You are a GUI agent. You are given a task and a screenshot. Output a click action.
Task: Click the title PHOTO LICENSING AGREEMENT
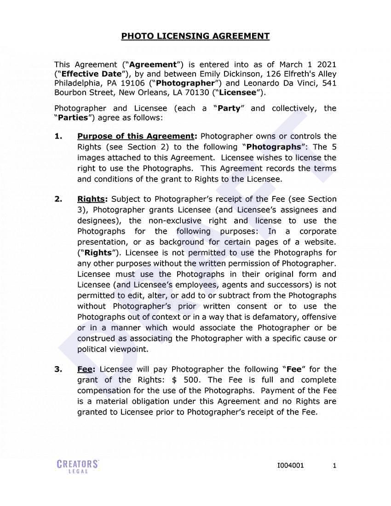coord(195,36)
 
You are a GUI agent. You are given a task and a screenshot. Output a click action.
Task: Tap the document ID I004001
coord(290,466)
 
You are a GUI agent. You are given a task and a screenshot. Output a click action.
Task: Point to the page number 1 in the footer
coord(334,466)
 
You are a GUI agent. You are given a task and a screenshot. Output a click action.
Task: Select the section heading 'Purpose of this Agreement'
coord(136,136)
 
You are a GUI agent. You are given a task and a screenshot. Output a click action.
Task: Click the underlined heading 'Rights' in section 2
coord(92,199)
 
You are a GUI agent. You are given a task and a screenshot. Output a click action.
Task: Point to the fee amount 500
coord(192,380)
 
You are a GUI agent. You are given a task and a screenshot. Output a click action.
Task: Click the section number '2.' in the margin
coord(58,199)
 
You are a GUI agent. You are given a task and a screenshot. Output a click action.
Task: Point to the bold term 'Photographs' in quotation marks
coord(274,147)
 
